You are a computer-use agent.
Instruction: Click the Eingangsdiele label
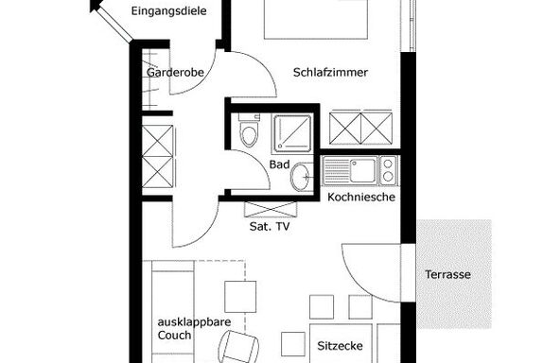pyautogui.click(x=169, y=11)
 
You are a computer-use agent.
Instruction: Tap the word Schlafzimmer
pyautogui.click(x=330, y=73)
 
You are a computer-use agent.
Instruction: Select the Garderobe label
pyautogui.click(x=175, y=73)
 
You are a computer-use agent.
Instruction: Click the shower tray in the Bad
pyautogui.click(x=292, y=133)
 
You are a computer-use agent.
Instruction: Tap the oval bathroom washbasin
pyautogui.click(x=300, y=178)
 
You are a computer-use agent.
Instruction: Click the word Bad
pyautogui.click(x=279, y=164)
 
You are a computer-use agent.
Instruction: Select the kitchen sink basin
pyautogui.click(x=362, y=170)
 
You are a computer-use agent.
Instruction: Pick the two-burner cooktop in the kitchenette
pyautogui.click(x=389, y=170)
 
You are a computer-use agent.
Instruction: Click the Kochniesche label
pyautogui.click(x=361, y=198)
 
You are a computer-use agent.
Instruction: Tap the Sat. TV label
pyautogui.click(x=270, y=227)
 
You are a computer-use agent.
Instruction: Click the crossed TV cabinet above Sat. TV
pyautogui.click(x=271, y=209)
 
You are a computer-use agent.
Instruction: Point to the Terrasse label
pyautogui.click(x=447, y=274)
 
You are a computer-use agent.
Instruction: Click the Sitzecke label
pyautogui.click(x=340, y=346)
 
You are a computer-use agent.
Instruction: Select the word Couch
pyautogui.click(x=174, y=335)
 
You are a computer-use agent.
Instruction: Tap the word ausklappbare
pyautogui.click(x=194, y=322)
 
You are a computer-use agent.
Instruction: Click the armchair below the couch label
pyautogui.click(x=239, y=347)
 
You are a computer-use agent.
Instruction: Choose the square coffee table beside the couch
pyautogui.click(x=240, y=297)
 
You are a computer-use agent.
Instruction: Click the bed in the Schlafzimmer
pyautogui.click(x=315, y=19)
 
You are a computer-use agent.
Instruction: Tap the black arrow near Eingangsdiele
pyautogui.click(x=96, y=5)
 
